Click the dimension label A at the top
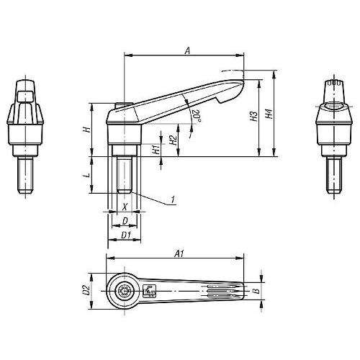(x=188, y=50)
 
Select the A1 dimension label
(x=179, y=253)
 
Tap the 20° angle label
(x=197, y=116)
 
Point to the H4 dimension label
(x=269, y=114)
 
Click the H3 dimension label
(x=253, y=116)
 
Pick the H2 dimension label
(x=173, y=140)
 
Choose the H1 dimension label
(x=156, y=149)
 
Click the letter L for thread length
(x=88, y=175)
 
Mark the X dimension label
(x=125, y=207)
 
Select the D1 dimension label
(x=126, y=235)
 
